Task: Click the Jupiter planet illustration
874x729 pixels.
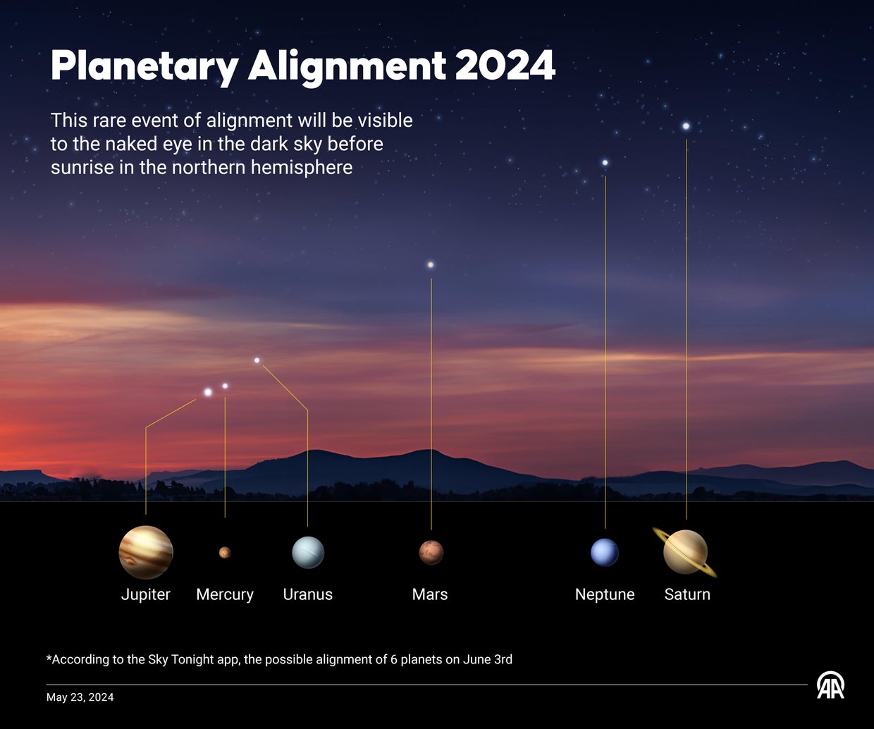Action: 146,553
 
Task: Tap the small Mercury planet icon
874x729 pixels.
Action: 225,552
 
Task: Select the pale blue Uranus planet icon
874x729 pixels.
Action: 308,552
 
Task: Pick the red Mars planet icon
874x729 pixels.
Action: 431,552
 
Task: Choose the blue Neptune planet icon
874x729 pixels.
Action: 605,552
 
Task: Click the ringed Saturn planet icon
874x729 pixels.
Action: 686,552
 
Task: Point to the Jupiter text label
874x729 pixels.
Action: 146,594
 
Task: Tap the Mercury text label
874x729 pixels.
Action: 225,594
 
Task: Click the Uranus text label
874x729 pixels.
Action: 308,594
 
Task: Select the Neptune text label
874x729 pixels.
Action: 605,594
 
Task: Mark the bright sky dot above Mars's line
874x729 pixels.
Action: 431,265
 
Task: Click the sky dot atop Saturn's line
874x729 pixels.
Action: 686,126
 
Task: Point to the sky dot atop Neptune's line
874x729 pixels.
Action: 605,163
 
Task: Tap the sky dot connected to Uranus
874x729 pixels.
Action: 257,360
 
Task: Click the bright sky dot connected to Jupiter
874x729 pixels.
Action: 208,392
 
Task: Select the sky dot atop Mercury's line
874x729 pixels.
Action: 225,386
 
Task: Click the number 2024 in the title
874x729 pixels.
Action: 505,66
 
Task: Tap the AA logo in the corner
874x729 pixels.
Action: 830,685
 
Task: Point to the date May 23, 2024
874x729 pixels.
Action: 80,697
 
